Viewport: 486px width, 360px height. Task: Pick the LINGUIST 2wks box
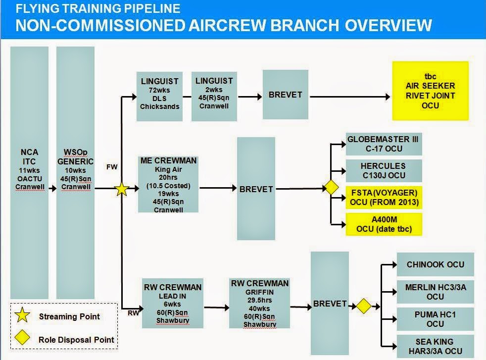(x=214, y=96)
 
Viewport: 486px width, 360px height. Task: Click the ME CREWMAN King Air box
(x=169, y=184)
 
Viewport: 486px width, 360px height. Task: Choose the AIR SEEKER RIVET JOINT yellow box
(x=430, y=91)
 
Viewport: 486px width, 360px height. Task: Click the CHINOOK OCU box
(x=436, y=264)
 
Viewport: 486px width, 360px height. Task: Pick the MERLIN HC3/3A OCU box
(x=436, y=292)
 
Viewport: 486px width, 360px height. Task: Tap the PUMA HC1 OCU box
(x=436, y=319)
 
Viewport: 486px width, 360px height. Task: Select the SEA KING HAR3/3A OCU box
(x=436, y=346)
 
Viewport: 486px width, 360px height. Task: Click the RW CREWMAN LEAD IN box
(x=166, y=303)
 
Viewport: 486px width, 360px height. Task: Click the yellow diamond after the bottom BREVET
(x=364, y=306)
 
